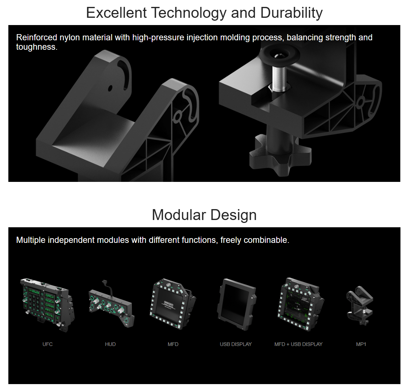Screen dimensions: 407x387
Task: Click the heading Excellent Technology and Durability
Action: [x=204, y=13]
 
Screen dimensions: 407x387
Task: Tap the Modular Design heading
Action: [x=204, y=215]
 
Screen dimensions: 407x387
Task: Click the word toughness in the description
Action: [x=37, y=47]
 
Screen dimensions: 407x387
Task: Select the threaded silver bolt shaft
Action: [x=279, y=77]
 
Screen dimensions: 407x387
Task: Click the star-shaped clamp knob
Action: [x=280, y=155]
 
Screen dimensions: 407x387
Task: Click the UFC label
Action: [x=48, y=344]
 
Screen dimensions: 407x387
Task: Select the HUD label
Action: [x=110, y=344]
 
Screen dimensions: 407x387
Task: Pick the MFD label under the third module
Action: [x=173, y=344]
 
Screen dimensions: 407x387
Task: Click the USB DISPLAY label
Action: [x=236, y=344]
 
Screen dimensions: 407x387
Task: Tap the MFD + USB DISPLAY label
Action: [x=298, y=344]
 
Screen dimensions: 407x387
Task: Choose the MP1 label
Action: [x=361, y=344]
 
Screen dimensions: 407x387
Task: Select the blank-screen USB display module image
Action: [x=236, y=304]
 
